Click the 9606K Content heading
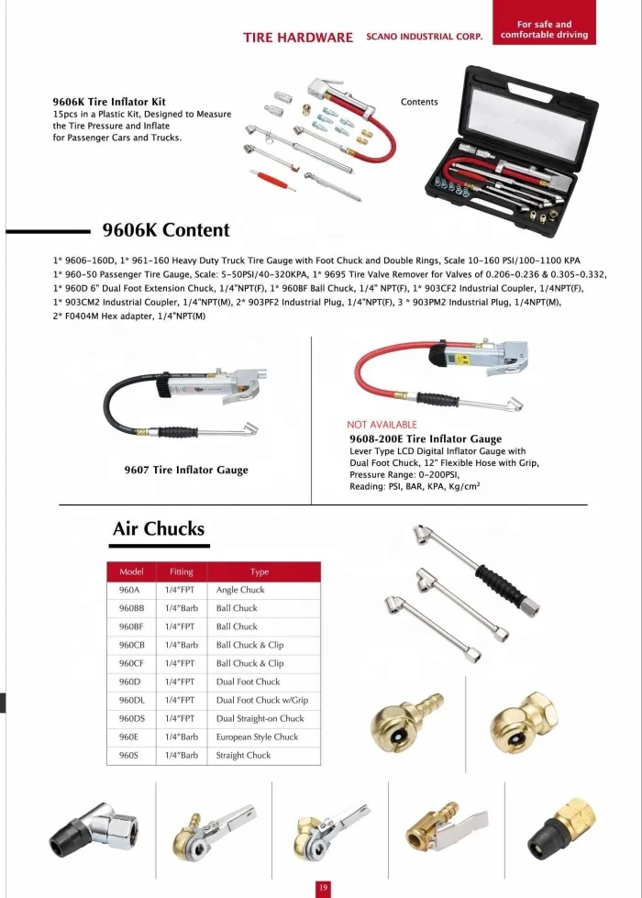165,230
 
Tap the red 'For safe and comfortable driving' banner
544,30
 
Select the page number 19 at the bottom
322,887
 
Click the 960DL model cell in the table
132,700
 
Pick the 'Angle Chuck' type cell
240,590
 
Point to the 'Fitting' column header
182,571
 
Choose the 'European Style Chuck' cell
257,737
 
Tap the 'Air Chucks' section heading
159,528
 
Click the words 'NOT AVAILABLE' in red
382,425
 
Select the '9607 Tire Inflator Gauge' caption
186,470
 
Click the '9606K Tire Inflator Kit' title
109,101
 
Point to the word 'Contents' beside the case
419,102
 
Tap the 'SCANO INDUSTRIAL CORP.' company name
424,37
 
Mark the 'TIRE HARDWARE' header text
298,38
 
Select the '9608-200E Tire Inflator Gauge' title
426,439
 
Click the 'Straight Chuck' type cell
244,755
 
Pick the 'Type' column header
260,571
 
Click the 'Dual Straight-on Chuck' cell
260,718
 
